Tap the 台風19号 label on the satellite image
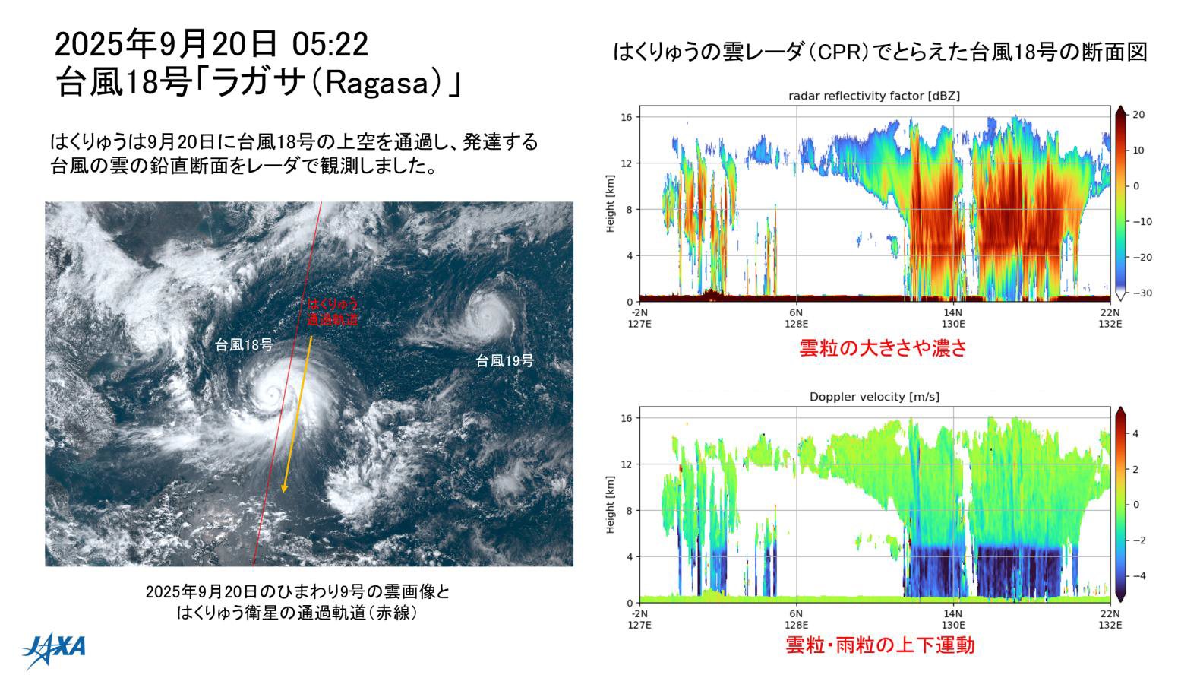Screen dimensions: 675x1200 click(x=505, y=360)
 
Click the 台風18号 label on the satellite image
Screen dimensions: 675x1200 click(x=245, y=344)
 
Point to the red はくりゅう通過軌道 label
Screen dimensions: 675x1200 click(x=332, y=312)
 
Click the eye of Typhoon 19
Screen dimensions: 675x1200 click(x=479, y=311)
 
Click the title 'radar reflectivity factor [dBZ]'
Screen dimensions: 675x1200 click(x=874, y=96)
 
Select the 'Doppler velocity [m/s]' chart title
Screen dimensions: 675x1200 click(x=874, y=397)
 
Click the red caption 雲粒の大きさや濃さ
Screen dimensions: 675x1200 click(x=883, y=348)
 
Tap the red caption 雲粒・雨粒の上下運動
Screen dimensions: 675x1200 click(x=879, y=645)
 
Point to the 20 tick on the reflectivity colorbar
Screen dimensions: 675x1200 click(x=1138, y=115)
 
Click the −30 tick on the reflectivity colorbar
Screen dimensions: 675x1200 click(x=1141, y=293)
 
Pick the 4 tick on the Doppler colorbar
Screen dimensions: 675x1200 click(x=1137, y=433)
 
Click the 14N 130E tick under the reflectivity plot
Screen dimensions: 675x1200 click(x=952, y=316)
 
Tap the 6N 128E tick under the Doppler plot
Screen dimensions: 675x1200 click(x=796, y=618)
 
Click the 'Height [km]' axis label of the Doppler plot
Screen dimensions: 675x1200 click(x=611, y=505)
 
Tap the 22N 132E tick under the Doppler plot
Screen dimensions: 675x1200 click(x=1110, y=618)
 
